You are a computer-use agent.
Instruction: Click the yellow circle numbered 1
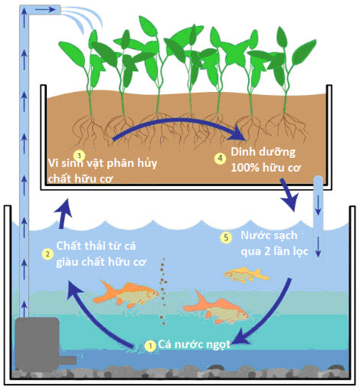tap(150, 346)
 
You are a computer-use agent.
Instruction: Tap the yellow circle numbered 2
tap(47, 254)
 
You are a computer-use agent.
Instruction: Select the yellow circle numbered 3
tap(79, 156)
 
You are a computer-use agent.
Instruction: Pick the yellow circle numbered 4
tap(220, 159)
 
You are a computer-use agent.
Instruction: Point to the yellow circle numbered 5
tap(226, 238)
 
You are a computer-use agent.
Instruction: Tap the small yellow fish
tap(247, 275)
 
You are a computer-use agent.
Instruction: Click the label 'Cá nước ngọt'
tap(194, 345)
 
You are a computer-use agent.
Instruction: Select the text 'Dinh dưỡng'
tap(263, 152)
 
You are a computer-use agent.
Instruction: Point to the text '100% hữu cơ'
tap(266, 168)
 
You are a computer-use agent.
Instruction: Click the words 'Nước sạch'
tap(269, 235)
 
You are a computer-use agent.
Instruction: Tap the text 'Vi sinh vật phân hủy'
tap(103, 163)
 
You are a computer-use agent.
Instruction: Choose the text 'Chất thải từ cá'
tap(96, 246)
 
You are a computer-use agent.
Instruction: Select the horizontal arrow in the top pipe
tap(45, 10)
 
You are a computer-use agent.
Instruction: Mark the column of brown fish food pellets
tap(163, 291)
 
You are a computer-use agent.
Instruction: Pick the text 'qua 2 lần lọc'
tap(274, 251)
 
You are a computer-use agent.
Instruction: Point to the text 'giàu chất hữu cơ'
tap(101, 262)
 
